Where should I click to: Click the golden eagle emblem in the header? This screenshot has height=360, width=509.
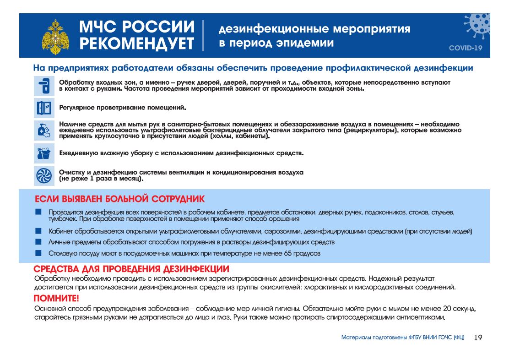click(x=54, y=37)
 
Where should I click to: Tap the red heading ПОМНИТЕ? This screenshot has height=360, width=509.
click(x=57, y=299)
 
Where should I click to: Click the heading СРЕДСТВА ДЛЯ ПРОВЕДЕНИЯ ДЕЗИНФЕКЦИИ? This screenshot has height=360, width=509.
click(x=132, y=269)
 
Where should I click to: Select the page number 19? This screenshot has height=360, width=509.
click(x=478, y=338)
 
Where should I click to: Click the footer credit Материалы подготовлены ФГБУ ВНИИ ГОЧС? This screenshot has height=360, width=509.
click(x=403, y=338)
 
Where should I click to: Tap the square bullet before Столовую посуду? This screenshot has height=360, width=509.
click(x=38, y=252)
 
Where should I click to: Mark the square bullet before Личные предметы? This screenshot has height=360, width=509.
click(x=38, y=241)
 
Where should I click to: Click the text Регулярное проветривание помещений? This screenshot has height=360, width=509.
click(x=123, y=108)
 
